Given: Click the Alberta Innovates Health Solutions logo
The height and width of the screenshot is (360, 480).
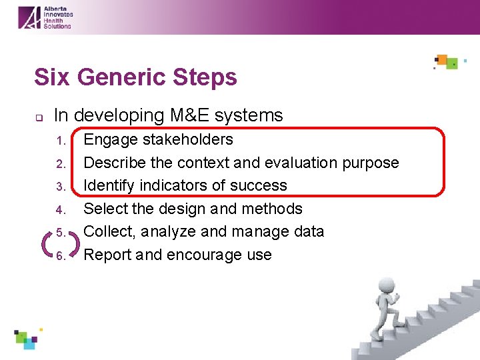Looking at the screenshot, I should coord(45,17).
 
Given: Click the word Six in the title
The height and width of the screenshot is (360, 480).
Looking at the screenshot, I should coord(53,77).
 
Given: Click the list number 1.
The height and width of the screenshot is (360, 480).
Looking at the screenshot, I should coord(61,141).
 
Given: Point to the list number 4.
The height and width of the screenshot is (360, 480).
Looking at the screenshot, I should coord(61,210).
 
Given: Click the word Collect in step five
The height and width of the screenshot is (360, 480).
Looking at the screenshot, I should coord(105,232).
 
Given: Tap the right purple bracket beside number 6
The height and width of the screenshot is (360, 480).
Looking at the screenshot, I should coord(75,244).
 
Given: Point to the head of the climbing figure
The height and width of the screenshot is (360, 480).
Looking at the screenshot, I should coord(379,293).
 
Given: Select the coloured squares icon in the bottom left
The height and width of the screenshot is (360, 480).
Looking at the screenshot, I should coord(27,339).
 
